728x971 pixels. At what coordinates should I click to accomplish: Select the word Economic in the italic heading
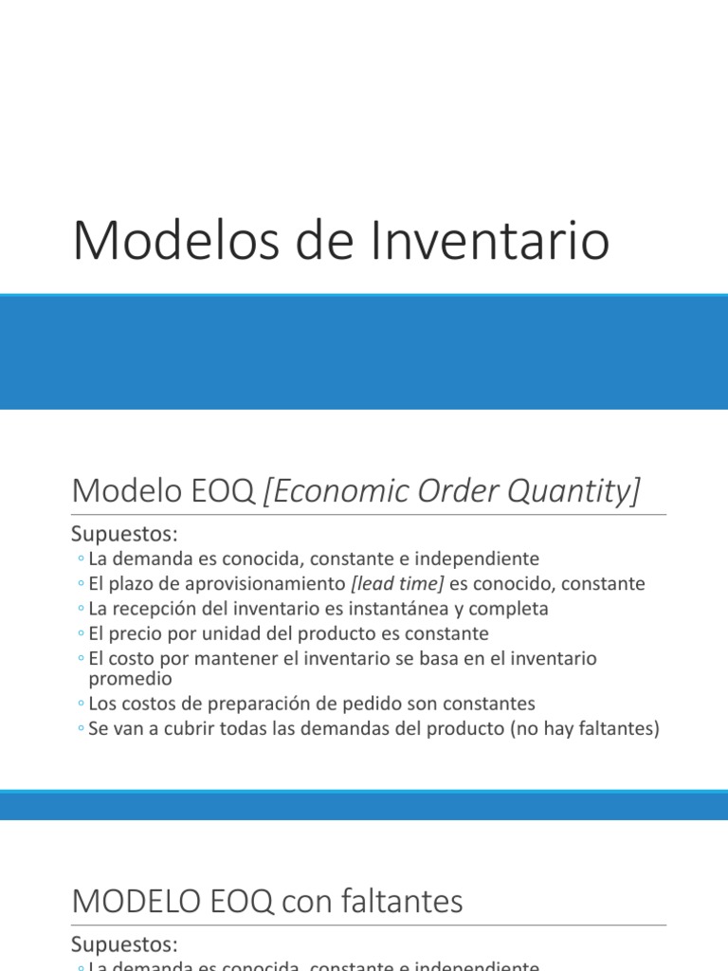(344, 491)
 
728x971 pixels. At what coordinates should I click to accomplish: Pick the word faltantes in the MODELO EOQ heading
(405, 901)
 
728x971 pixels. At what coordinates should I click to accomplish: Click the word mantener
(235, 658)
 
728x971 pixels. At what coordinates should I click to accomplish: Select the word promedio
(130, 679)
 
